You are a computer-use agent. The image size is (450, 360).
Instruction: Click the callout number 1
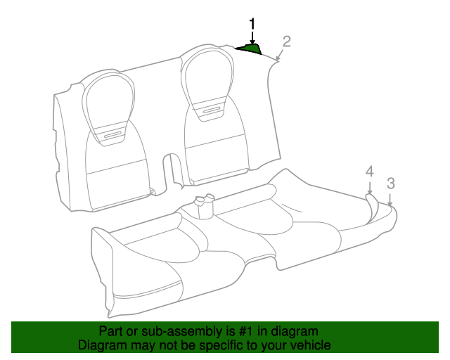(252, 24)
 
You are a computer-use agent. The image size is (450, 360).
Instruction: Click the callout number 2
(287, 41)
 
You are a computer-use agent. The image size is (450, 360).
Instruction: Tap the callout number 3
(391, 183)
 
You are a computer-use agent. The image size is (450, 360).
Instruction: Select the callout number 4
(370, 172)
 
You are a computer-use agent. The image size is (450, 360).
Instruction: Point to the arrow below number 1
(252, 37)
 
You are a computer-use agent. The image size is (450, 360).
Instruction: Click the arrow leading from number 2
(280, 55)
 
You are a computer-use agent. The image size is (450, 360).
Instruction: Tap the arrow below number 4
(370, 188)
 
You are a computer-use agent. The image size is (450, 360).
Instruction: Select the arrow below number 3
(390, 200)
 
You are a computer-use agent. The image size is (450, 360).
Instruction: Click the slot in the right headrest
(212, 110)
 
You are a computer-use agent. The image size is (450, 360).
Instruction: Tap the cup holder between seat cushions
(204, 207)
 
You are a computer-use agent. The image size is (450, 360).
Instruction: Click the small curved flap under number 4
(372, 208)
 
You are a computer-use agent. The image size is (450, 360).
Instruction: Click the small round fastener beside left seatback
(151, 189)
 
